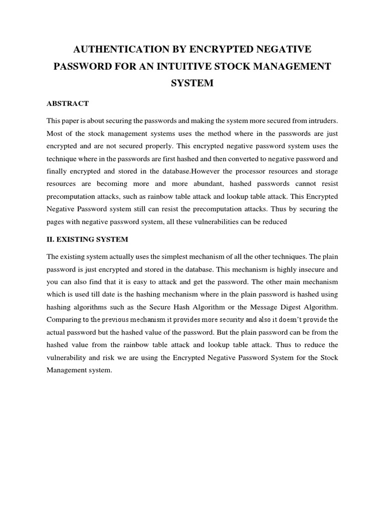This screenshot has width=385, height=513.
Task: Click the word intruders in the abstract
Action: click(322, 121)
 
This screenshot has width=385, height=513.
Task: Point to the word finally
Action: click(57, 171)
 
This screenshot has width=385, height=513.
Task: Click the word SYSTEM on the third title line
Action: click(192, 83)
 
